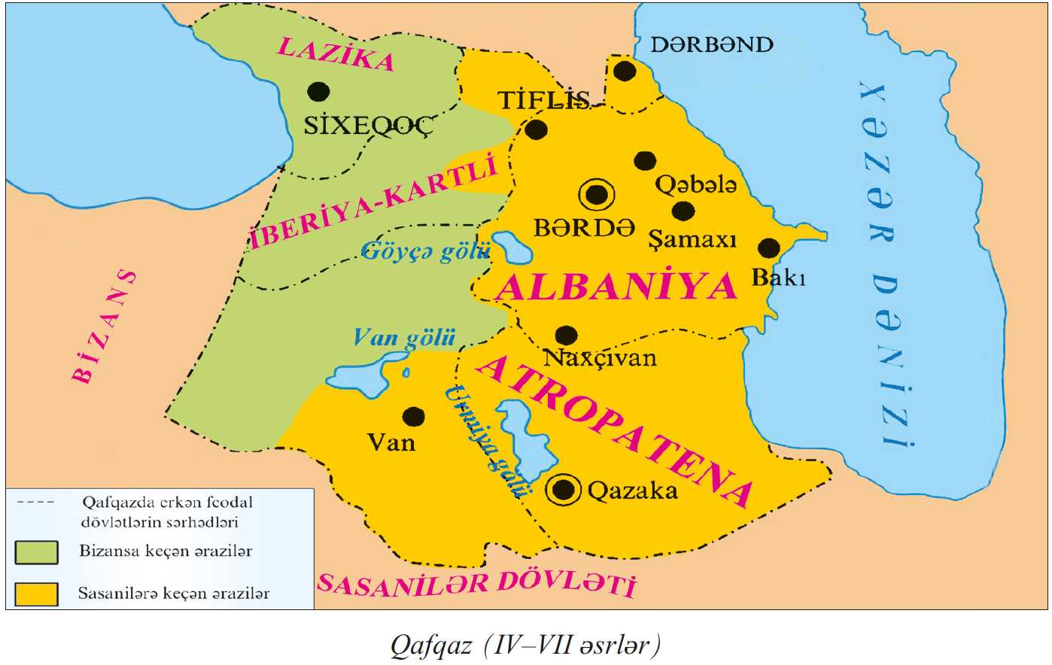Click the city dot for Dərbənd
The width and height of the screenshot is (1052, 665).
tap(625, 71)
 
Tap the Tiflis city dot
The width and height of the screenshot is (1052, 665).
tap(536, 129)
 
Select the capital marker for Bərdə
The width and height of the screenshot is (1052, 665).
tap(597, 195)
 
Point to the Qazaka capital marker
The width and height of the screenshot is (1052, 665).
tap(564, 490)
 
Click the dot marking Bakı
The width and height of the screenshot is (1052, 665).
tap(768, 248)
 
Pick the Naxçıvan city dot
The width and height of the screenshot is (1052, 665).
tap(566, 336)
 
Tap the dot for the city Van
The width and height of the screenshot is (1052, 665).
tap(413, 416)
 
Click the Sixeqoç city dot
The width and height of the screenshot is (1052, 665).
tap(318, 92)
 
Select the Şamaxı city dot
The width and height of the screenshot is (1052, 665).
tap(683, 211)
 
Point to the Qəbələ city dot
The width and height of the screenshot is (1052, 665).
tap(645, 160)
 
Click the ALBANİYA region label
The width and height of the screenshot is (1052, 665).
tap(616, 287)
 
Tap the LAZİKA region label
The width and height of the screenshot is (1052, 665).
tap(336, 53)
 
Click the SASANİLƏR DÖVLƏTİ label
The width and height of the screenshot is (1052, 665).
tap(476, 584)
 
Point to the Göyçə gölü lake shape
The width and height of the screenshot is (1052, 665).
tap(512, 247)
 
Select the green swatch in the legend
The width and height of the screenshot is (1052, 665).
tap(36, 551)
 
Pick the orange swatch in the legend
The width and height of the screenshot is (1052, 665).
tap(36, 594)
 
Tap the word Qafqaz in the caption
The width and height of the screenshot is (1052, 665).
tap(430, 645)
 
